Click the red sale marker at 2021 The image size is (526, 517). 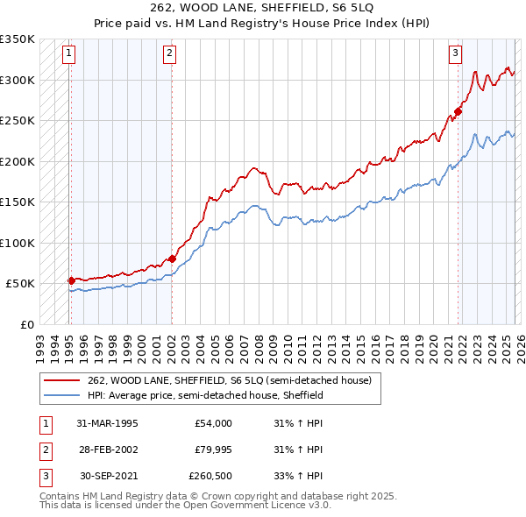point(458,112)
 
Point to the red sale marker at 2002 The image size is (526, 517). point(172,258)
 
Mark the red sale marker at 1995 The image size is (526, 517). point(71,280)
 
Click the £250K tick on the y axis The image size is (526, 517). point(18,121)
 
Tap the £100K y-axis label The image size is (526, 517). point(18,243)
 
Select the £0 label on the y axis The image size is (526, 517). point(26,324)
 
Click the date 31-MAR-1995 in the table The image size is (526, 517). point(107,423)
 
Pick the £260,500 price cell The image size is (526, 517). point(210,476)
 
